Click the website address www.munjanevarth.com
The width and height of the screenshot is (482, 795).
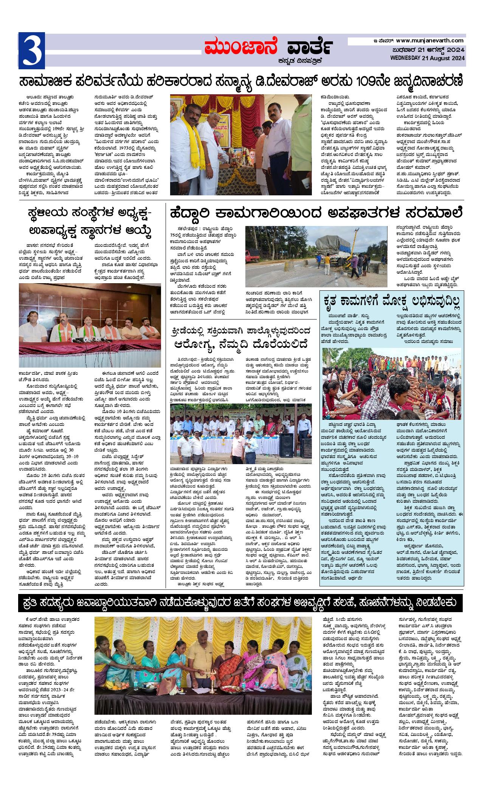click(x=430, y=41)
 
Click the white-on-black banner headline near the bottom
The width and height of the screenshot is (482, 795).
click(x=240, y=603)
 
